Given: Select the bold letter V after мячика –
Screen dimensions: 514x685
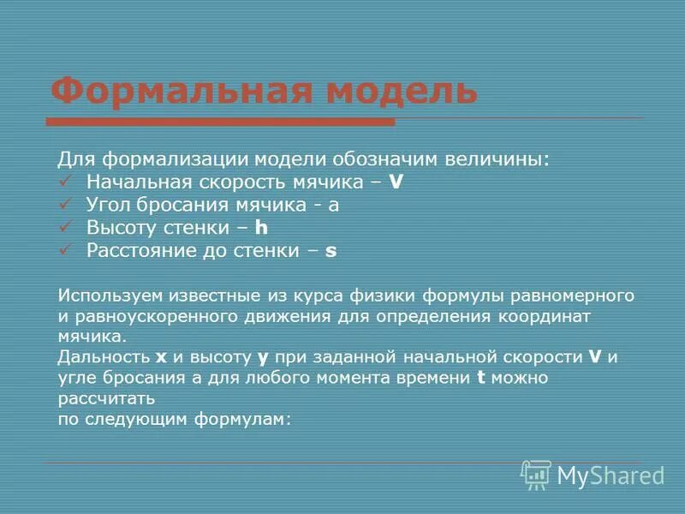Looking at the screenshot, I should (x=396, y=182).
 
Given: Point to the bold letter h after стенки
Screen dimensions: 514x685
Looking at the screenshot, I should (x=263, y=228).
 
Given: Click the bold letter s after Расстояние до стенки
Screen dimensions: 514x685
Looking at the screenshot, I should (x=331, y=251).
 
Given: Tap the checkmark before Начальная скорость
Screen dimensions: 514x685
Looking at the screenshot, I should (x=67, y=182).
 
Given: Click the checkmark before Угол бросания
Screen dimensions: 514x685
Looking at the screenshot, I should (x=67, y=205).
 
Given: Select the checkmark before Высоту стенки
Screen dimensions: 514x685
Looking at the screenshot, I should (x=67, y=228).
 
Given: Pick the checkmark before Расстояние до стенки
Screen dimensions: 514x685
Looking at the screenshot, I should (x=67, y=251).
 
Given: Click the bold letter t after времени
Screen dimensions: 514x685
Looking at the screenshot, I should (x=480, y=377).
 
